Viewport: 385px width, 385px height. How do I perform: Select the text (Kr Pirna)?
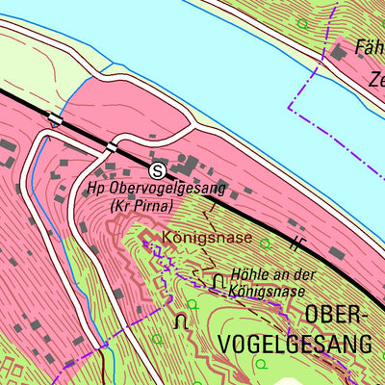click(141, 206)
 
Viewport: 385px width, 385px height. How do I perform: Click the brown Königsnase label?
click(207, 237)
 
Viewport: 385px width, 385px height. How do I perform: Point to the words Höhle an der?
click(273, 274)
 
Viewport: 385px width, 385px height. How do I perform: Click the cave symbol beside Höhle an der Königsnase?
click(219, 280)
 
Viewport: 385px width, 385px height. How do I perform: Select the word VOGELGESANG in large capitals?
click(281, 344)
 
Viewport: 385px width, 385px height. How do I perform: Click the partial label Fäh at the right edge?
click(370, 46)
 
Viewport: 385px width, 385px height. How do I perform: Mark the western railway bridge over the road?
click(55, 118)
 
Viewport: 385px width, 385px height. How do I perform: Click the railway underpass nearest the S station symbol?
click(113, 147)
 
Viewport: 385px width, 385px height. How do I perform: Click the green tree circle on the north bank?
click(304, 23)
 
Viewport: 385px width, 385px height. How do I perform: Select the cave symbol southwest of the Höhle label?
click(179, 321)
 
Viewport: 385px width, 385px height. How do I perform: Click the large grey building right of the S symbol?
click(189, 166)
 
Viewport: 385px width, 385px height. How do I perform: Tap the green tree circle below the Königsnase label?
click(192, 304)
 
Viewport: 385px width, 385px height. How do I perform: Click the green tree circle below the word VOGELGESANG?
click(261, 364)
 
